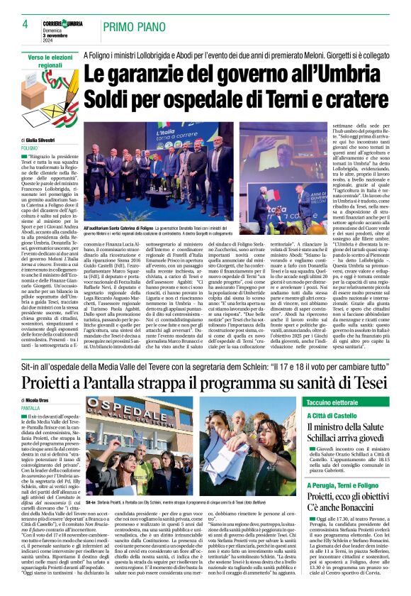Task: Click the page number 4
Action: (24, 24)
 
